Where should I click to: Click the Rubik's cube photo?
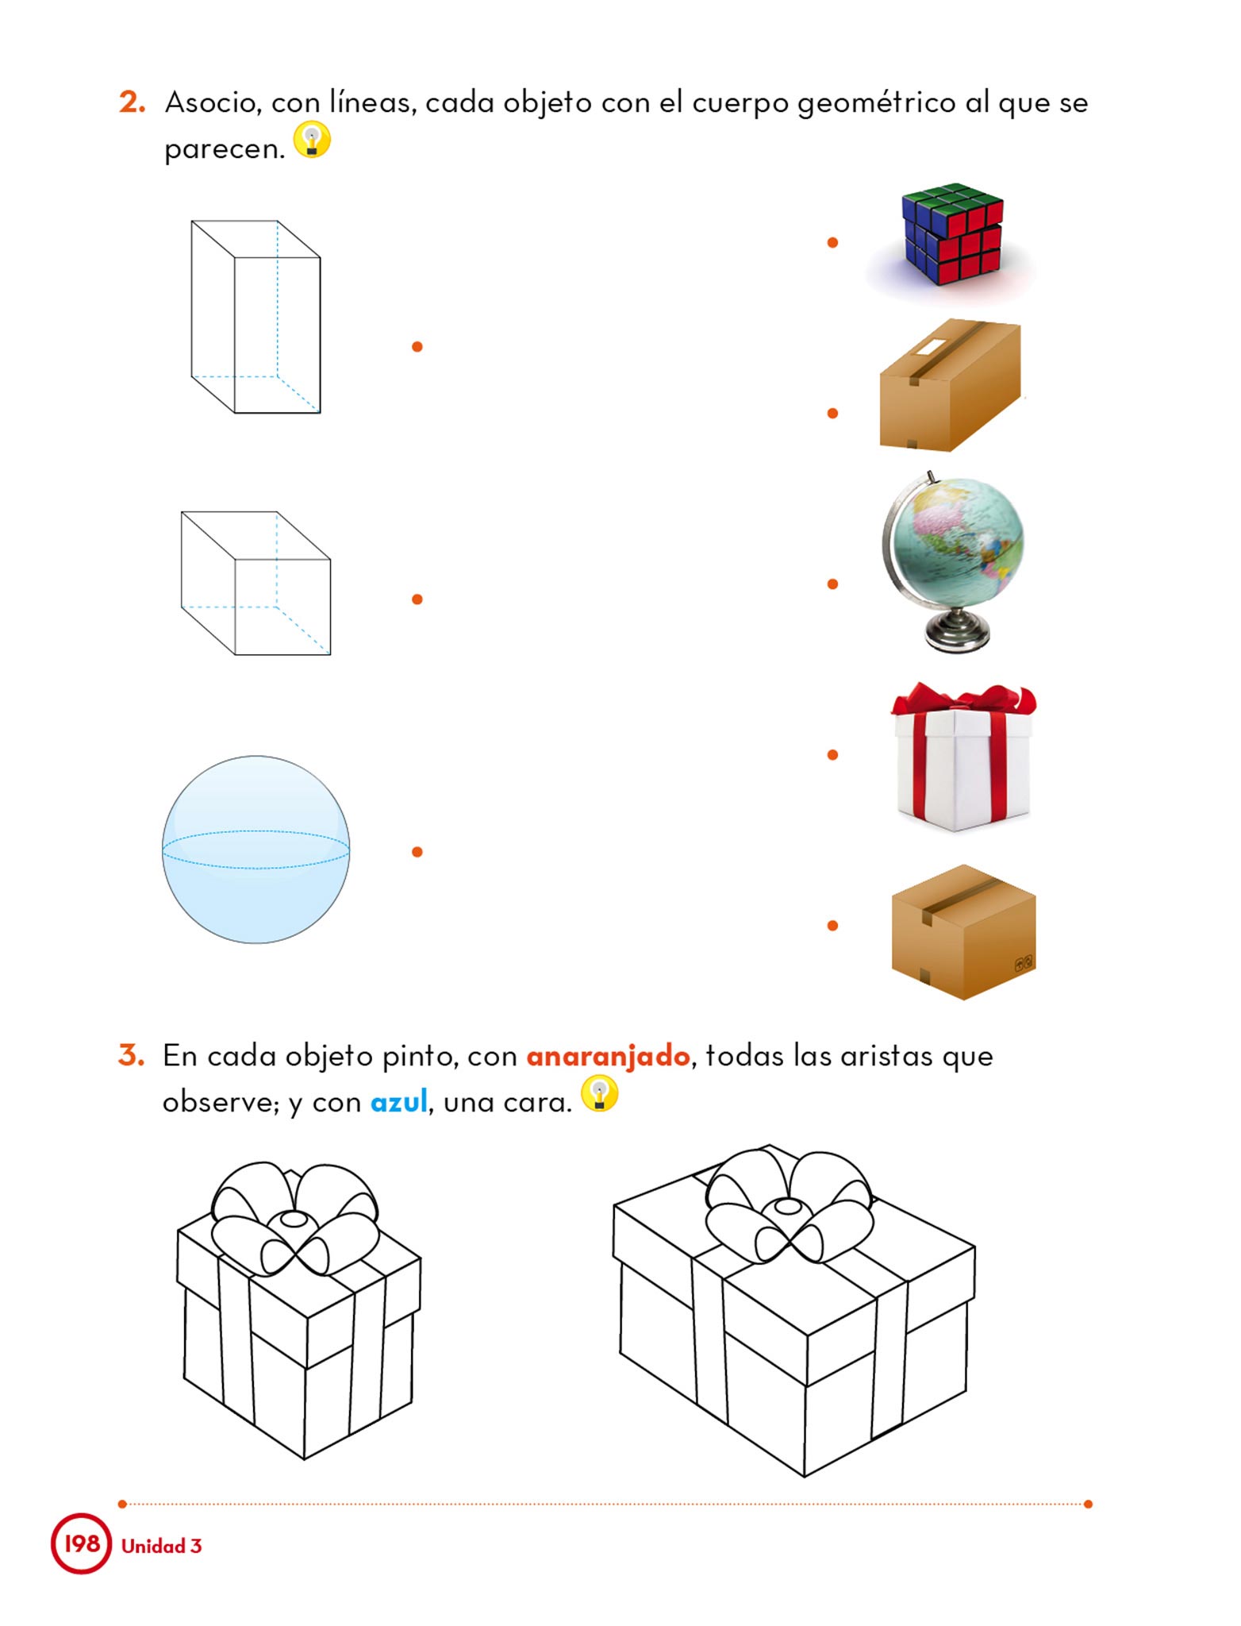pyautogui.click(x=952, y=235)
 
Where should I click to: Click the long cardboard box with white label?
pyautogui.click(x=951, y=385)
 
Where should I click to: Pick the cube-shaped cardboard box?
pyautogui.click(x=963, y=932)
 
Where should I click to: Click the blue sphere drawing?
pyautogui.click(x=255, y=850)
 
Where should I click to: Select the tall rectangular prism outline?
pyautogui.click(x=255, y=317)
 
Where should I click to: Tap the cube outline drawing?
pyautogui.click(x=255, y=584)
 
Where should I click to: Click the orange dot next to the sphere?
pyautogui.click(x=417, y=852)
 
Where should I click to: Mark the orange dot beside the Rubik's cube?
pyautogui.click(x=832, y=242)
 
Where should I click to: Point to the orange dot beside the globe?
pyautogui.click(x=832, y=584)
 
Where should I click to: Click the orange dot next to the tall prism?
pyautogui.click(x=417, y=346)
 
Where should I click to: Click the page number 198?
pyautogui.click(x=82, y=1543)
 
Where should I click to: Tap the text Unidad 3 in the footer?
pyautogui.click(x=162, y=1546)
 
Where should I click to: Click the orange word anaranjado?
pyautogui.click(x=608, y=1057)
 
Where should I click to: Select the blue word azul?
pyautogui.click(x=399, y=1101)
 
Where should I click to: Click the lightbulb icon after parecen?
pyautogui.click(x=312, y=140)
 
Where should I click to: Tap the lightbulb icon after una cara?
pyautogui.click(x=600, y=1093)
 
